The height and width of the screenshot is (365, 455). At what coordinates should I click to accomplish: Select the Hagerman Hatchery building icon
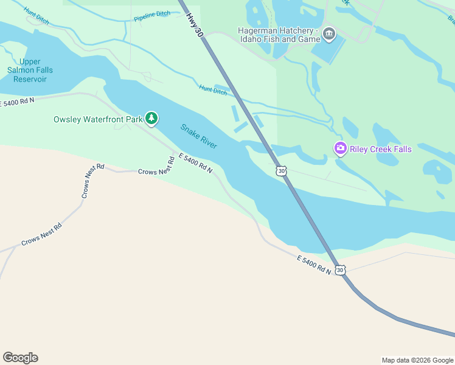tap(330, 33)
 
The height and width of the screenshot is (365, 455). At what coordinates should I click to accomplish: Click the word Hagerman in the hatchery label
tap(257, 30)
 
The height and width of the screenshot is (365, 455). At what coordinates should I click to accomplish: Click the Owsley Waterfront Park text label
tap(98, 119)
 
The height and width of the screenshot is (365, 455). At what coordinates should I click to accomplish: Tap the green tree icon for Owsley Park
tap(151, 118)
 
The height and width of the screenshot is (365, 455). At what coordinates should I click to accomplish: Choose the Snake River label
tap(198, 136)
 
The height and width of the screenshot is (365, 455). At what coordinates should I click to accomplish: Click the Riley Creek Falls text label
tap(381, 149)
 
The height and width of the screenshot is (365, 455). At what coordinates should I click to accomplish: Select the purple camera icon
tap(341, 148)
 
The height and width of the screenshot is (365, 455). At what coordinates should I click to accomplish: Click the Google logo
tap(20, 358)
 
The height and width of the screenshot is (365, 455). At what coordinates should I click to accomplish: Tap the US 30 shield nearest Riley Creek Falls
tap(280, 171)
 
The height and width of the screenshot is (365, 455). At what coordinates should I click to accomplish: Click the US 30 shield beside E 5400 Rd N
tap(339, 269)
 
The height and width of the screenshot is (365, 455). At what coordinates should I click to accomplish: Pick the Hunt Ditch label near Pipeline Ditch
tap(36, 16)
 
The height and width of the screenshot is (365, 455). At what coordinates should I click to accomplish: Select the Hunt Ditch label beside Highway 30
tap(212, 90)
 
